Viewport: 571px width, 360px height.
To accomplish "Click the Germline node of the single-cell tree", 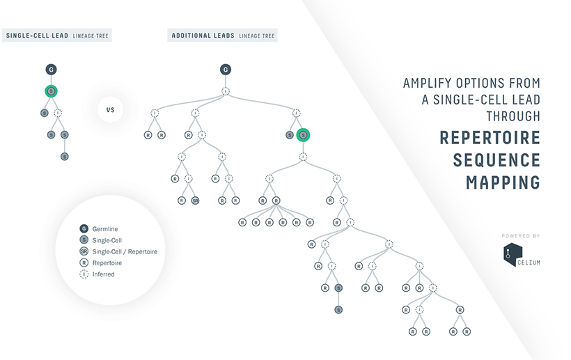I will (51, 70).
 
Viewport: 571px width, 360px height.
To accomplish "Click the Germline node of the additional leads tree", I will (225, 70).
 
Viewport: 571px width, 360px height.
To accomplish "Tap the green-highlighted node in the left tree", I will (51, 91).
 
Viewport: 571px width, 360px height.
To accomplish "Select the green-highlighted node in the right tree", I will (303, 135).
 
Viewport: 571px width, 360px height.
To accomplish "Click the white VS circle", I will (110, 109).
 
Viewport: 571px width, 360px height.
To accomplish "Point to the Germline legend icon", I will (84, 228).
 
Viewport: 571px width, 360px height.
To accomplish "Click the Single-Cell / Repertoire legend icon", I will (84, 251).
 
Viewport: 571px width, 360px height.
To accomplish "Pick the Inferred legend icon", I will (84, 274).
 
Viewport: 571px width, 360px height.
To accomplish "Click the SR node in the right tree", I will (196, 201).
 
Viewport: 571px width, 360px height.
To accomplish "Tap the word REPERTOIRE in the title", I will (490, 137).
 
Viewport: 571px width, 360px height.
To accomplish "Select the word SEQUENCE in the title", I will (496, 159).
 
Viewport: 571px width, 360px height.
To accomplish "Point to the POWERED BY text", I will (520, 236).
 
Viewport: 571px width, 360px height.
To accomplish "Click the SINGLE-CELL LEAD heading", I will (37, 36).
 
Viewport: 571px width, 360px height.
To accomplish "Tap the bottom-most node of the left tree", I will (64, 157).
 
